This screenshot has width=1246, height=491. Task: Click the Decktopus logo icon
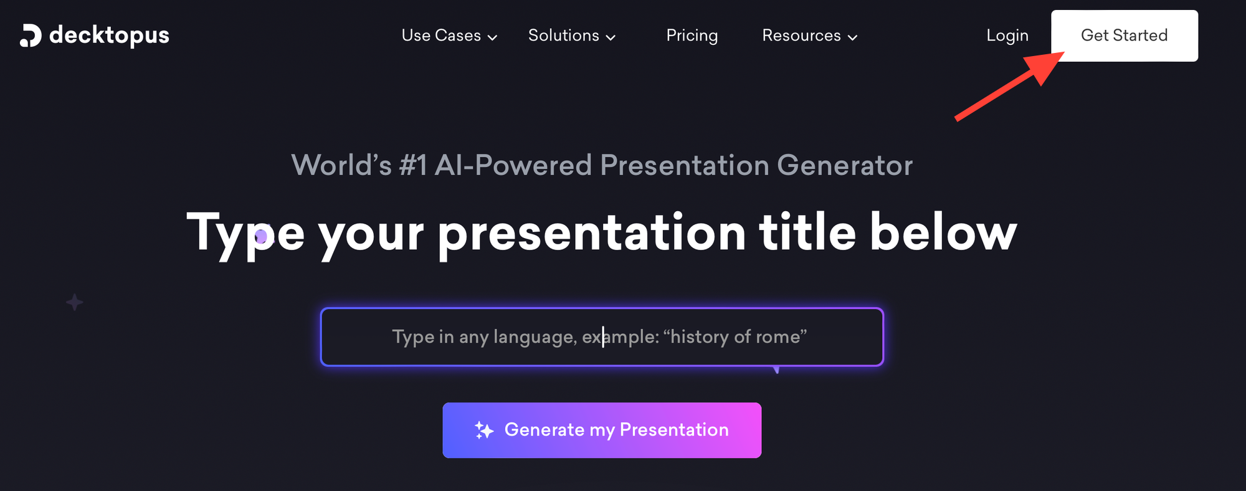(x=31, y=36)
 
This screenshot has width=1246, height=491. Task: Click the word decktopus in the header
(x=109, y=36)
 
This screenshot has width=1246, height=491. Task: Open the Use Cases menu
(x=441, y=36)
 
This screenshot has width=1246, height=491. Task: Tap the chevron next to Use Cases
(x=492, y=37)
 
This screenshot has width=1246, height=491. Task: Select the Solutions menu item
(x=564, y=36)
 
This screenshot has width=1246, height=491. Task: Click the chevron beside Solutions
(x=611, y=37)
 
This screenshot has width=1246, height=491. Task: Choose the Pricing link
(x=692, y=36)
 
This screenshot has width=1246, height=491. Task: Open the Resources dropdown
(x=801, y=36)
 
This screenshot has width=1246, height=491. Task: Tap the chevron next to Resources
(x=852, y=37)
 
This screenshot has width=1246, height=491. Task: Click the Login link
(x=1007, y=36)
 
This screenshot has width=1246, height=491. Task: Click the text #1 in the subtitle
(x=413, y=166)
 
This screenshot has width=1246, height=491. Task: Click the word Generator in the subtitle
(x=845, y=166)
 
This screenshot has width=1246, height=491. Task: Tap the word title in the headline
(x=807, y=232)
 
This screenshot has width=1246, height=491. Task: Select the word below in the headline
(x=943, y=232)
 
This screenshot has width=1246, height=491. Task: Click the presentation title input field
(x=602, y=337)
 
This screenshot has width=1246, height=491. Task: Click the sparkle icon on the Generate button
(x=484, y=430)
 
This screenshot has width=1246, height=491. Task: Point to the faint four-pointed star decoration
(x=75, y=302)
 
